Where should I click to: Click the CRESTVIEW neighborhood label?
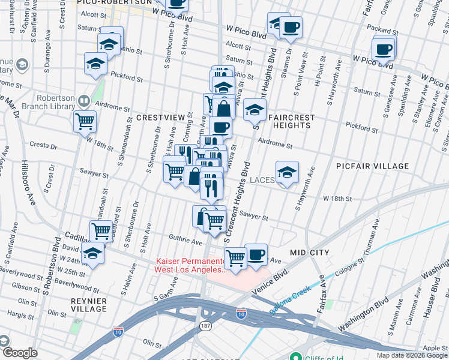tap(158, 118)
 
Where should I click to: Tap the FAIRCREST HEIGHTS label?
tap(289, 120)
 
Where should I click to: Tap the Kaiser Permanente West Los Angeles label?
tap(190, 265)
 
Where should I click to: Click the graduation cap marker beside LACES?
tap(288, 173)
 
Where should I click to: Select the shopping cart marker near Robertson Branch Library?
tap(85, 121)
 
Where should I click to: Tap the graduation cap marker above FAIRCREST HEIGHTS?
tap(255, 110)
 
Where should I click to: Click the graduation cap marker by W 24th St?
tap(93, 254)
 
